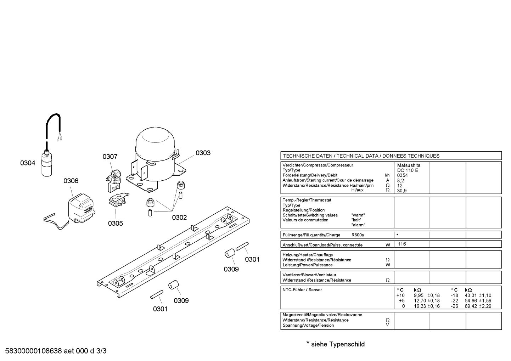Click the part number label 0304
28,163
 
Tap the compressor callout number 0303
203,153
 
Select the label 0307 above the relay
110,157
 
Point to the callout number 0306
71,181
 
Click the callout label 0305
116,223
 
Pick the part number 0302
179,218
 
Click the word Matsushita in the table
409,165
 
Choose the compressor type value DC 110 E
408,170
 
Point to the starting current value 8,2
400,181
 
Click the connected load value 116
402,244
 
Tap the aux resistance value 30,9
402,191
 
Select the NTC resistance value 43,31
471,295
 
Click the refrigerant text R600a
358,235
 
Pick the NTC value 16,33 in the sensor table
420,306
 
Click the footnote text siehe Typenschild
338,344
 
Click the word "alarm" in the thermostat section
358,225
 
